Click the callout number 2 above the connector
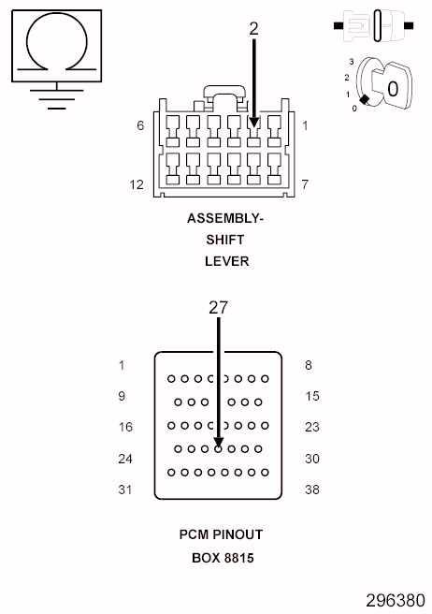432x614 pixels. pos(253,29)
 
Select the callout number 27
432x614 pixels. pos(218,307)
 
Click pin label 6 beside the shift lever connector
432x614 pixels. pos(140,124)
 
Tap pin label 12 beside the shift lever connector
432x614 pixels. pos(137,184)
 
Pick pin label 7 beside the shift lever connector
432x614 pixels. pos(305,184)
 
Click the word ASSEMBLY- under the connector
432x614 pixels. pos(226,219)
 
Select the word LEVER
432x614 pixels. pos(226,261)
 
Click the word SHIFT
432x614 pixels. pos(226,241)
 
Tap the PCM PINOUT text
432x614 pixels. pos(222,534)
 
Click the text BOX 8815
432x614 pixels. pos(222,557)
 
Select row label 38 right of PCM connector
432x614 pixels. pos(312,490)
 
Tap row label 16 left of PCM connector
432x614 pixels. pos(126,427)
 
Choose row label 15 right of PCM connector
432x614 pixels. pos(312,396)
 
